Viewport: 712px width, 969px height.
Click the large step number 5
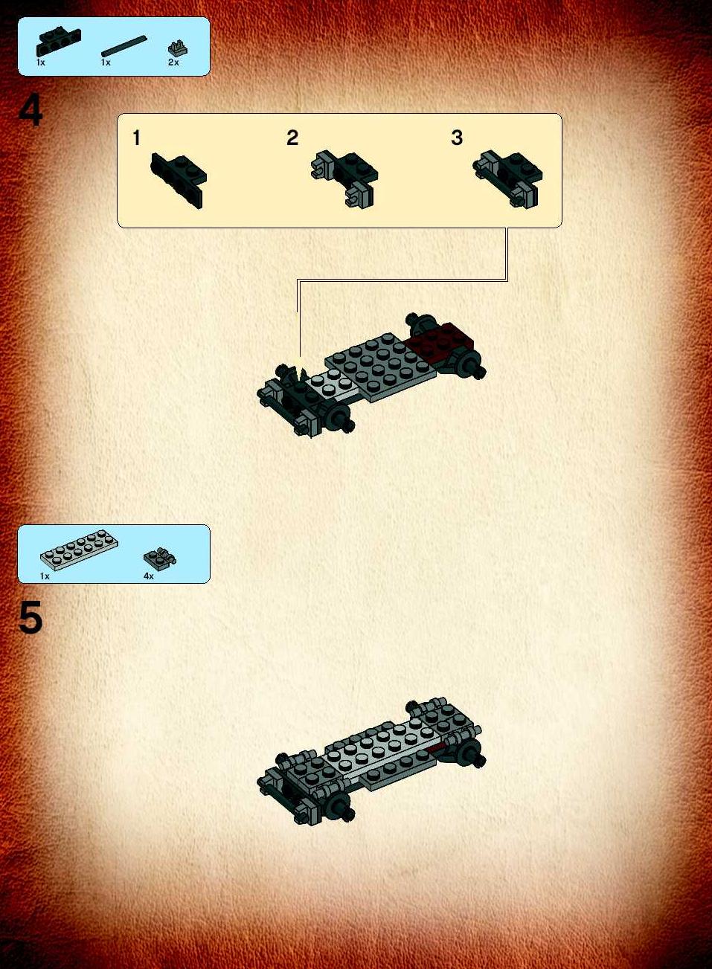click(31, 617)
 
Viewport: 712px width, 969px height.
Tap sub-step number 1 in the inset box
click(136, 138)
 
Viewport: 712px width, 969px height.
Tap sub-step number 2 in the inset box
click(292, 138)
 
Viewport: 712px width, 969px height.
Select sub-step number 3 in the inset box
click(457, 138)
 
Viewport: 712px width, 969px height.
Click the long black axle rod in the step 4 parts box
click(124, 46)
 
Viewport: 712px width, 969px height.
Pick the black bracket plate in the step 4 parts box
click(59, 42)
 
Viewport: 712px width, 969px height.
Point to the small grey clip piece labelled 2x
click(178, 48)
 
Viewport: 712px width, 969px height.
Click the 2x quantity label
click(173, 62)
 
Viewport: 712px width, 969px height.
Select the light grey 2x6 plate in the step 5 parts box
click(79, 550)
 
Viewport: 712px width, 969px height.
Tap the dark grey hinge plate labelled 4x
click(160, 558)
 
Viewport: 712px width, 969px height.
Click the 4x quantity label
click(149, 576)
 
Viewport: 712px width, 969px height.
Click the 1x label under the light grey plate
click(45, 576)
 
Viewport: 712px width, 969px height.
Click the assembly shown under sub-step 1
click(179, 181)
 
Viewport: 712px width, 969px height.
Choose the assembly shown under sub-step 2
click(344, 178)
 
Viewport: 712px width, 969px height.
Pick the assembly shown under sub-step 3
click(507, 178)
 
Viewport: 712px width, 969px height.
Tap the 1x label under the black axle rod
click(106, 62)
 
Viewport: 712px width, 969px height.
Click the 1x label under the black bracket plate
click(41, 62)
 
